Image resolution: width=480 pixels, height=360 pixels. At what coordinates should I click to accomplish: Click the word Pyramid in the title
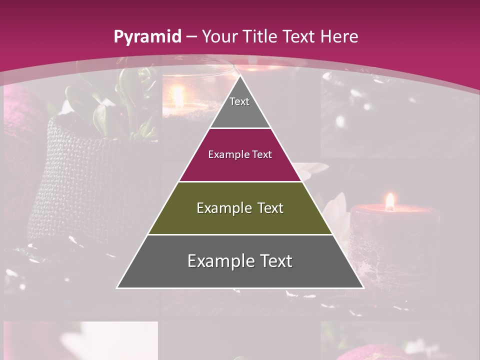147,37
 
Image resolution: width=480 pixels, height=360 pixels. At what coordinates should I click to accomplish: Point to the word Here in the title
339,36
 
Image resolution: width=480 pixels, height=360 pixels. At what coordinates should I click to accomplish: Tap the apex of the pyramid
240,77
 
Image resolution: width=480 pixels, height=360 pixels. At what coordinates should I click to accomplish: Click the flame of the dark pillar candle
389,201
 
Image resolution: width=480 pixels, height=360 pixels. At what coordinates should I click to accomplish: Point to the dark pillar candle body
395,240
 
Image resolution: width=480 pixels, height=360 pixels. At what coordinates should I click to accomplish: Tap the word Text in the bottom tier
272,261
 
